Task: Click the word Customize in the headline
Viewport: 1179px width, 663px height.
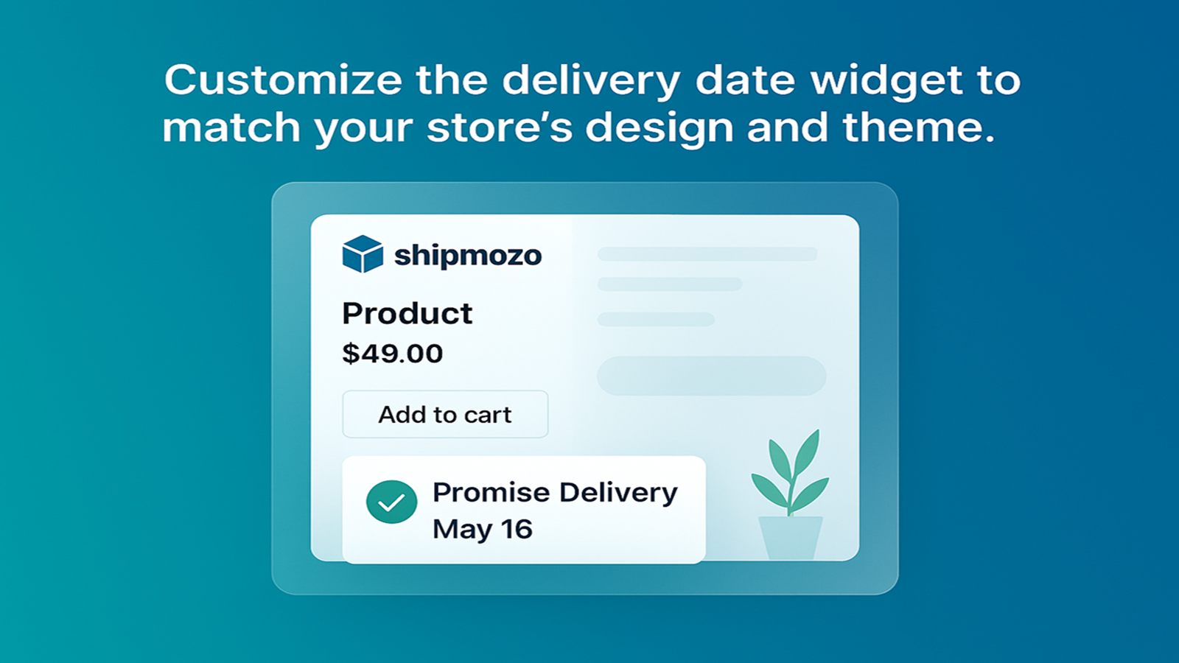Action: point(283,80)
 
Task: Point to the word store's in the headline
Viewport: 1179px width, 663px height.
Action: point(499,128)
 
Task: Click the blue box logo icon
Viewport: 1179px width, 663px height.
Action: point(363,254)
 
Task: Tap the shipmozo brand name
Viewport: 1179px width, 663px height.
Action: point(468,256)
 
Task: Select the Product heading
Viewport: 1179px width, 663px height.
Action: point(407,314)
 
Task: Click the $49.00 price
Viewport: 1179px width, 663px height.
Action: point(393,354)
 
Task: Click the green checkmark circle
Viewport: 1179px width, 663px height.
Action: point(391,502)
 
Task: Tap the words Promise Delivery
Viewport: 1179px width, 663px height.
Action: point(556,494)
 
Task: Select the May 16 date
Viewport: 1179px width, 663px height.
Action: point(483,529)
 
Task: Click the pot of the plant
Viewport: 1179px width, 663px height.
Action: point(791,538)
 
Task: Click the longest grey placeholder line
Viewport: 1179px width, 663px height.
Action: point(707,254)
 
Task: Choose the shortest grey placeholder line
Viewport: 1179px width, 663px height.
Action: point(656,320)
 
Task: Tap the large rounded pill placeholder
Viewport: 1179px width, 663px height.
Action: point(712,376)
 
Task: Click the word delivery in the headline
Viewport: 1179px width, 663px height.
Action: point(591,82)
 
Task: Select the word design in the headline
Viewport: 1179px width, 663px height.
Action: point(660,129)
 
